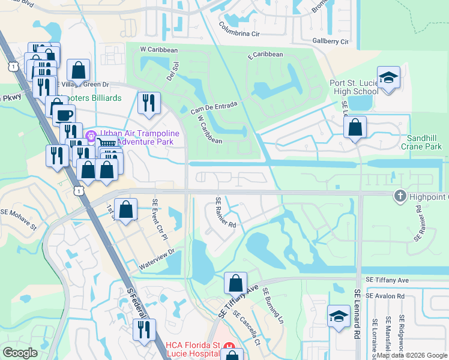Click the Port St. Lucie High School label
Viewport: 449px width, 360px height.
coord(354,87)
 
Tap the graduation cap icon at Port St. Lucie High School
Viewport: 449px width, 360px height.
coord(388,78)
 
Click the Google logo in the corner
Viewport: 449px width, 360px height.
coord(20,353)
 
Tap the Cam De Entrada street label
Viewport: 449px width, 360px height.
coord(214,108)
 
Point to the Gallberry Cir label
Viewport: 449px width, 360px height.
coord(330,41)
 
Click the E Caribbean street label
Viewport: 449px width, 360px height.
coord(265,55)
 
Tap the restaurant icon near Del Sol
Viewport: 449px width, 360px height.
coord(148,103)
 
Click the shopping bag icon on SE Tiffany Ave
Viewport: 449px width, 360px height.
coord(236,283)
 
